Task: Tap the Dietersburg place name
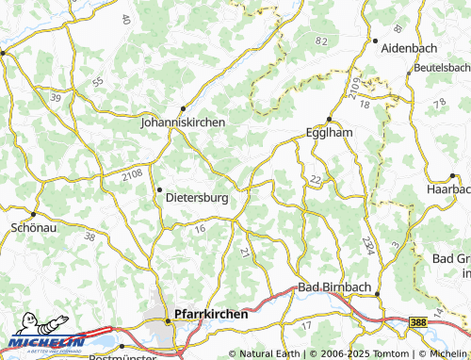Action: [x=197, y=199]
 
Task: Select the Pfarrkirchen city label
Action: [x=212, y=314]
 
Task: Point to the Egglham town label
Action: [x=330, y=133]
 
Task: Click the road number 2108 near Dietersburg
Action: [x=133, y=173]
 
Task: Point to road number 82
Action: [x=322, y=41]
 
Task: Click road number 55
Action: [x=99, y=83]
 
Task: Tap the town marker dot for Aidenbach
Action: [x=375, y=41]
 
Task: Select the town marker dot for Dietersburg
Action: [x=158, y=188]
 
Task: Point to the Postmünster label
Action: [x=120, y=357]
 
